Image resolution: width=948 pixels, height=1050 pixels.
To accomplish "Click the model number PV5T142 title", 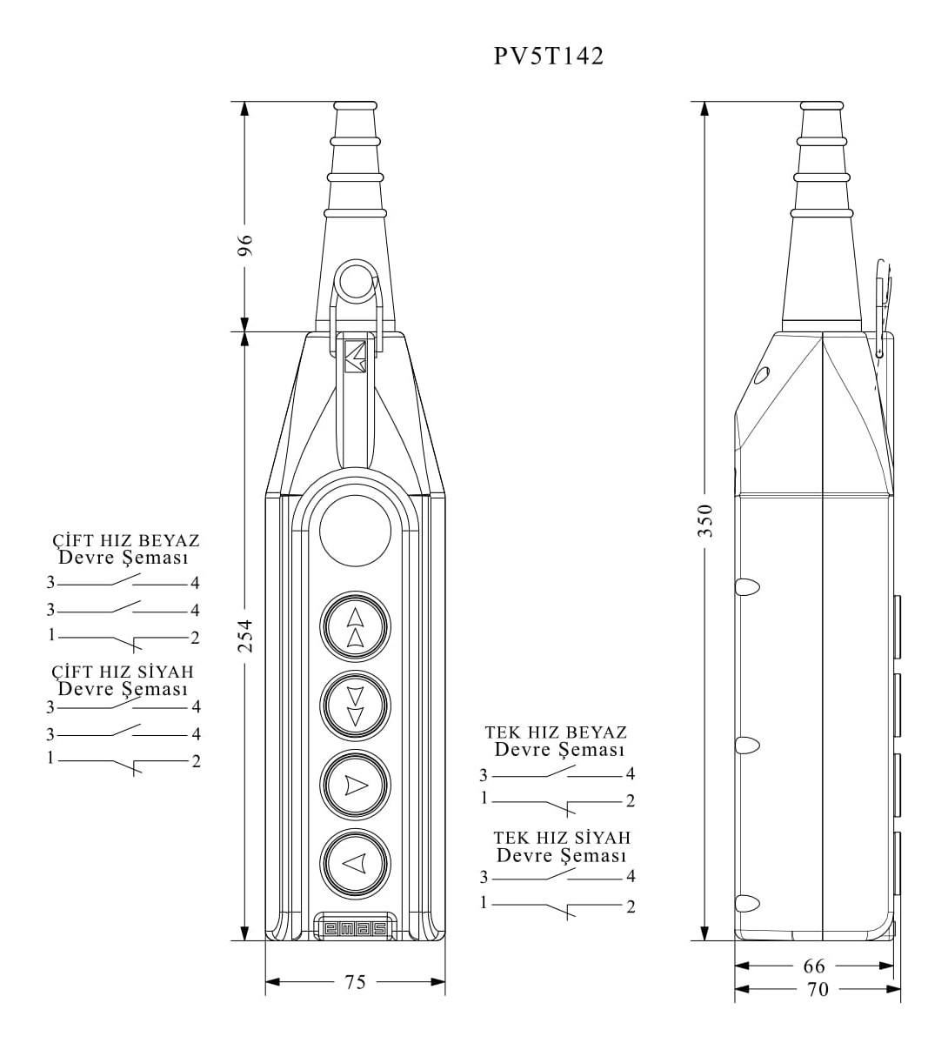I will click(x=549, y=57).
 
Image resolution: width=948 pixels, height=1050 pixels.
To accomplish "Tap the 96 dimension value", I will click(x=245, y=244).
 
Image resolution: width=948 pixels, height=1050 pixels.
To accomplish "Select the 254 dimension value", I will click(x=245, y=636).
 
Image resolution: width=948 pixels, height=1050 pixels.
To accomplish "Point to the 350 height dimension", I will click(x=705, y=520).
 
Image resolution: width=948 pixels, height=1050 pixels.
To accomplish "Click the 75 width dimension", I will click(x=355, y=982).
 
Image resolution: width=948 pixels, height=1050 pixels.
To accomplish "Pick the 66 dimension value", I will click(x=814, y=966).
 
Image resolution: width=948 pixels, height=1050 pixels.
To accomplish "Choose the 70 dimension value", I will click(x=818, y=989).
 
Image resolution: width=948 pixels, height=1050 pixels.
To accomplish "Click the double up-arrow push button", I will click(x=355, y=627).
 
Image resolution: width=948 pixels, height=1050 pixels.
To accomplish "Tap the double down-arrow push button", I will click(x=355, y=706).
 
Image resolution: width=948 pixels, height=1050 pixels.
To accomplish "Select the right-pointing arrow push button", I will click(x=355, y=785).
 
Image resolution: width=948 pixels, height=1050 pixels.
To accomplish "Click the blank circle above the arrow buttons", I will click(x=355, y=532).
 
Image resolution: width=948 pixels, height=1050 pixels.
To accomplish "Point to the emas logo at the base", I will click(x=355, y=928).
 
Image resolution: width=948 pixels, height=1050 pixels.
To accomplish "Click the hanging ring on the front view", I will click(x=355, y=281).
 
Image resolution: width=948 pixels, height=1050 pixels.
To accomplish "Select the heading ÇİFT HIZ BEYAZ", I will click(x=126, y=541).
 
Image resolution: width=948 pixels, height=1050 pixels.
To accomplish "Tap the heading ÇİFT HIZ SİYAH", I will click(x=122, y=672).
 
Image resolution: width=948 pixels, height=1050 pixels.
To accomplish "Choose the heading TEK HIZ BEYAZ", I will click(x=557, y=732).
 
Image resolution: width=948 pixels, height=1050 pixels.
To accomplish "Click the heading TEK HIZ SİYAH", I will click(x=562, y=838).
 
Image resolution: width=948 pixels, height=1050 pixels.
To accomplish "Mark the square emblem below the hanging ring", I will click(x=355, y=356).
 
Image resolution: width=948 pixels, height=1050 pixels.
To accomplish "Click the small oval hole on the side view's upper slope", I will click(x=763, y=376).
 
